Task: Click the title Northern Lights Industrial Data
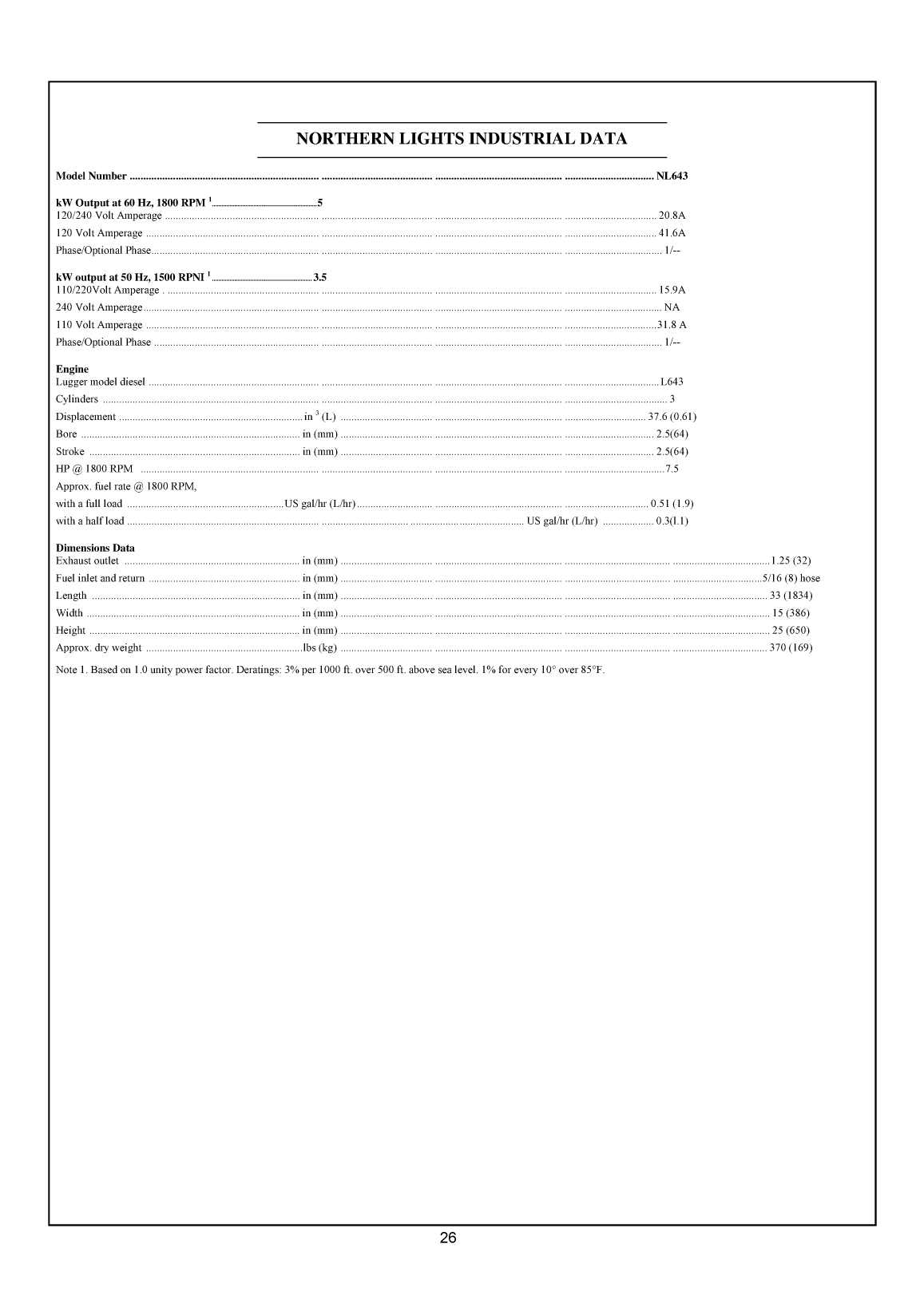coord(462,139)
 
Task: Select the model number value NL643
coord(672,176)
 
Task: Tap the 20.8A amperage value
coord(672,216)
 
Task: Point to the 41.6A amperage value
coord(672,233)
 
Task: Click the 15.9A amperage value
coord(672,290)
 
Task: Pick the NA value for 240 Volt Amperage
coord(672,307)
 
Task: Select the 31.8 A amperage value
coord(672,325)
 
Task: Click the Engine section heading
coord(72,369)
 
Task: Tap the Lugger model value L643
coord(672,382)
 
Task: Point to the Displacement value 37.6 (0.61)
coord(672,417)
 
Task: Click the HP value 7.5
coord(672,469)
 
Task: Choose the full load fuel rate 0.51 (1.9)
coord(672,504)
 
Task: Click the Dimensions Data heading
coord(95,548)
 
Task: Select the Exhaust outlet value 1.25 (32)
coord(791,560)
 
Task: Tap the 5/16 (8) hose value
coord(791,578)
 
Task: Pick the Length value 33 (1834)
coord(791,596)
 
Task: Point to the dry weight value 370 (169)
coord(791,648)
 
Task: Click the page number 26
coord(448,1238)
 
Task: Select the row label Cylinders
coord(77,399)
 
